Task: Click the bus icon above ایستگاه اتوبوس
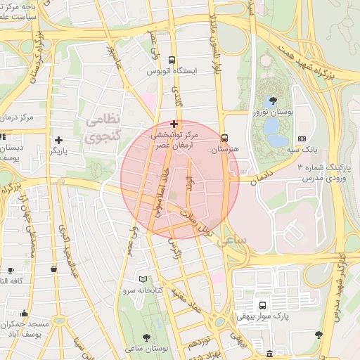coord(173,60)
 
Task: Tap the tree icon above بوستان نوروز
coord(274,101)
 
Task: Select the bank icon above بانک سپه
coord(302,139)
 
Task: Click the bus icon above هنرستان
coord(224,139)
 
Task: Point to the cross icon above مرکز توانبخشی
coord(174,124)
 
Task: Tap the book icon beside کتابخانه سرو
coord(143,279)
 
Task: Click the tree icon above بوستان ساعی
coord(146,337)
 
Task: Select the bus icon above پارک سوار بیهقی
coord(262,306)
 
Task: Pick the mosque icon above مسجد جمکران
coord(25,314)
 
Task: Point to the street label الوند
coord(188,187)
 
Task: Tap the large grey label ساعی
coord(237,242)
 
